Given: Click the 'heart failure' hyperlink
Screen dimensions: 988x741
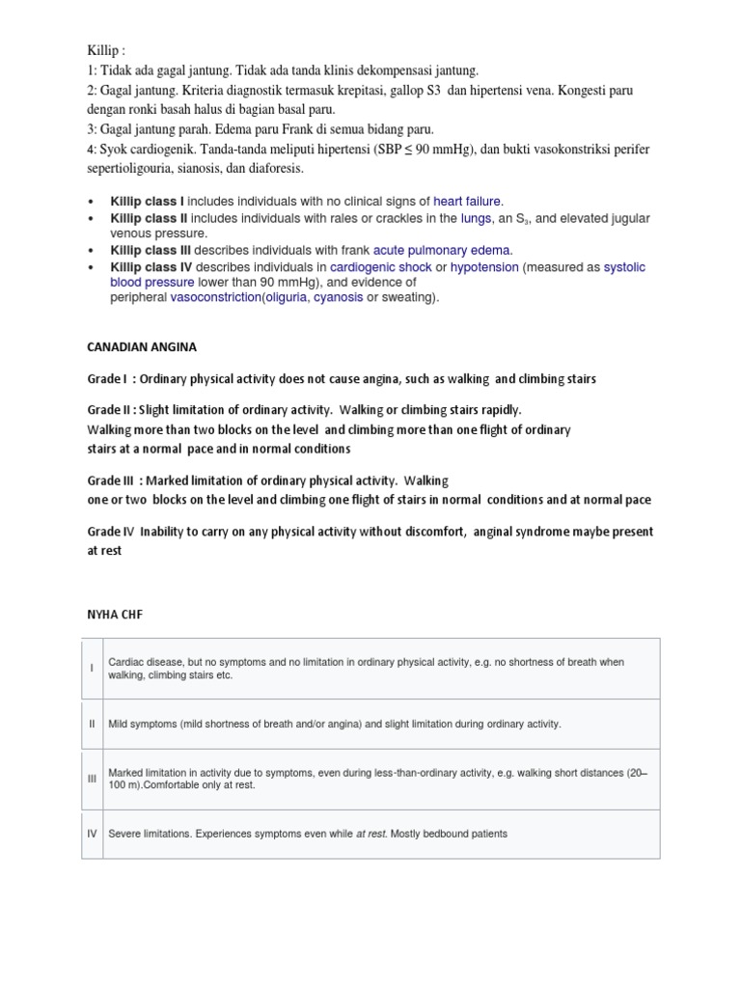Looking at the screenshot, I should click(468, 202).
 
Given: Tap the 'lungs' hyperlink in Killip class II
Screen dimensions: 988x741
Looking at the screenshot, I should click(477, 219).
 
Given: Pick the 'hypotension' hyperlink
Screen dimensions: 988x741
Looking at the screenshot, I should click(484, 266).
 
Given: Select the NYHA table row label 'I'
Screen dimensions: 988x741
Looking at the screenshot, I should click(93, 669).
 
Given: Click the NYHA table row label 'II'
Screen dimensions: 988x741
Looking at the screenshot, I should click(93, 724).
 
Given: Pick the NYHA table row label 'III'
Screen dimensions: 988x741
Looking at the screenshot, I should click(93, 779).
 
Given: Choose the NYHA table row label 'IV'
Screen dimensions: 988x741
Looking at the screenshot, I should click(93, 834).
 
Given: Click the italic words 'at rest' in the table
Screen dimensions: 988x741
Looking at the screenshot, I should click(371, 834).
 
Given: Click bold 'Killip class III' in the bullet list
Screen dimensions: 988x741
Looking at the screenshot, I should click(148, 250).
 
